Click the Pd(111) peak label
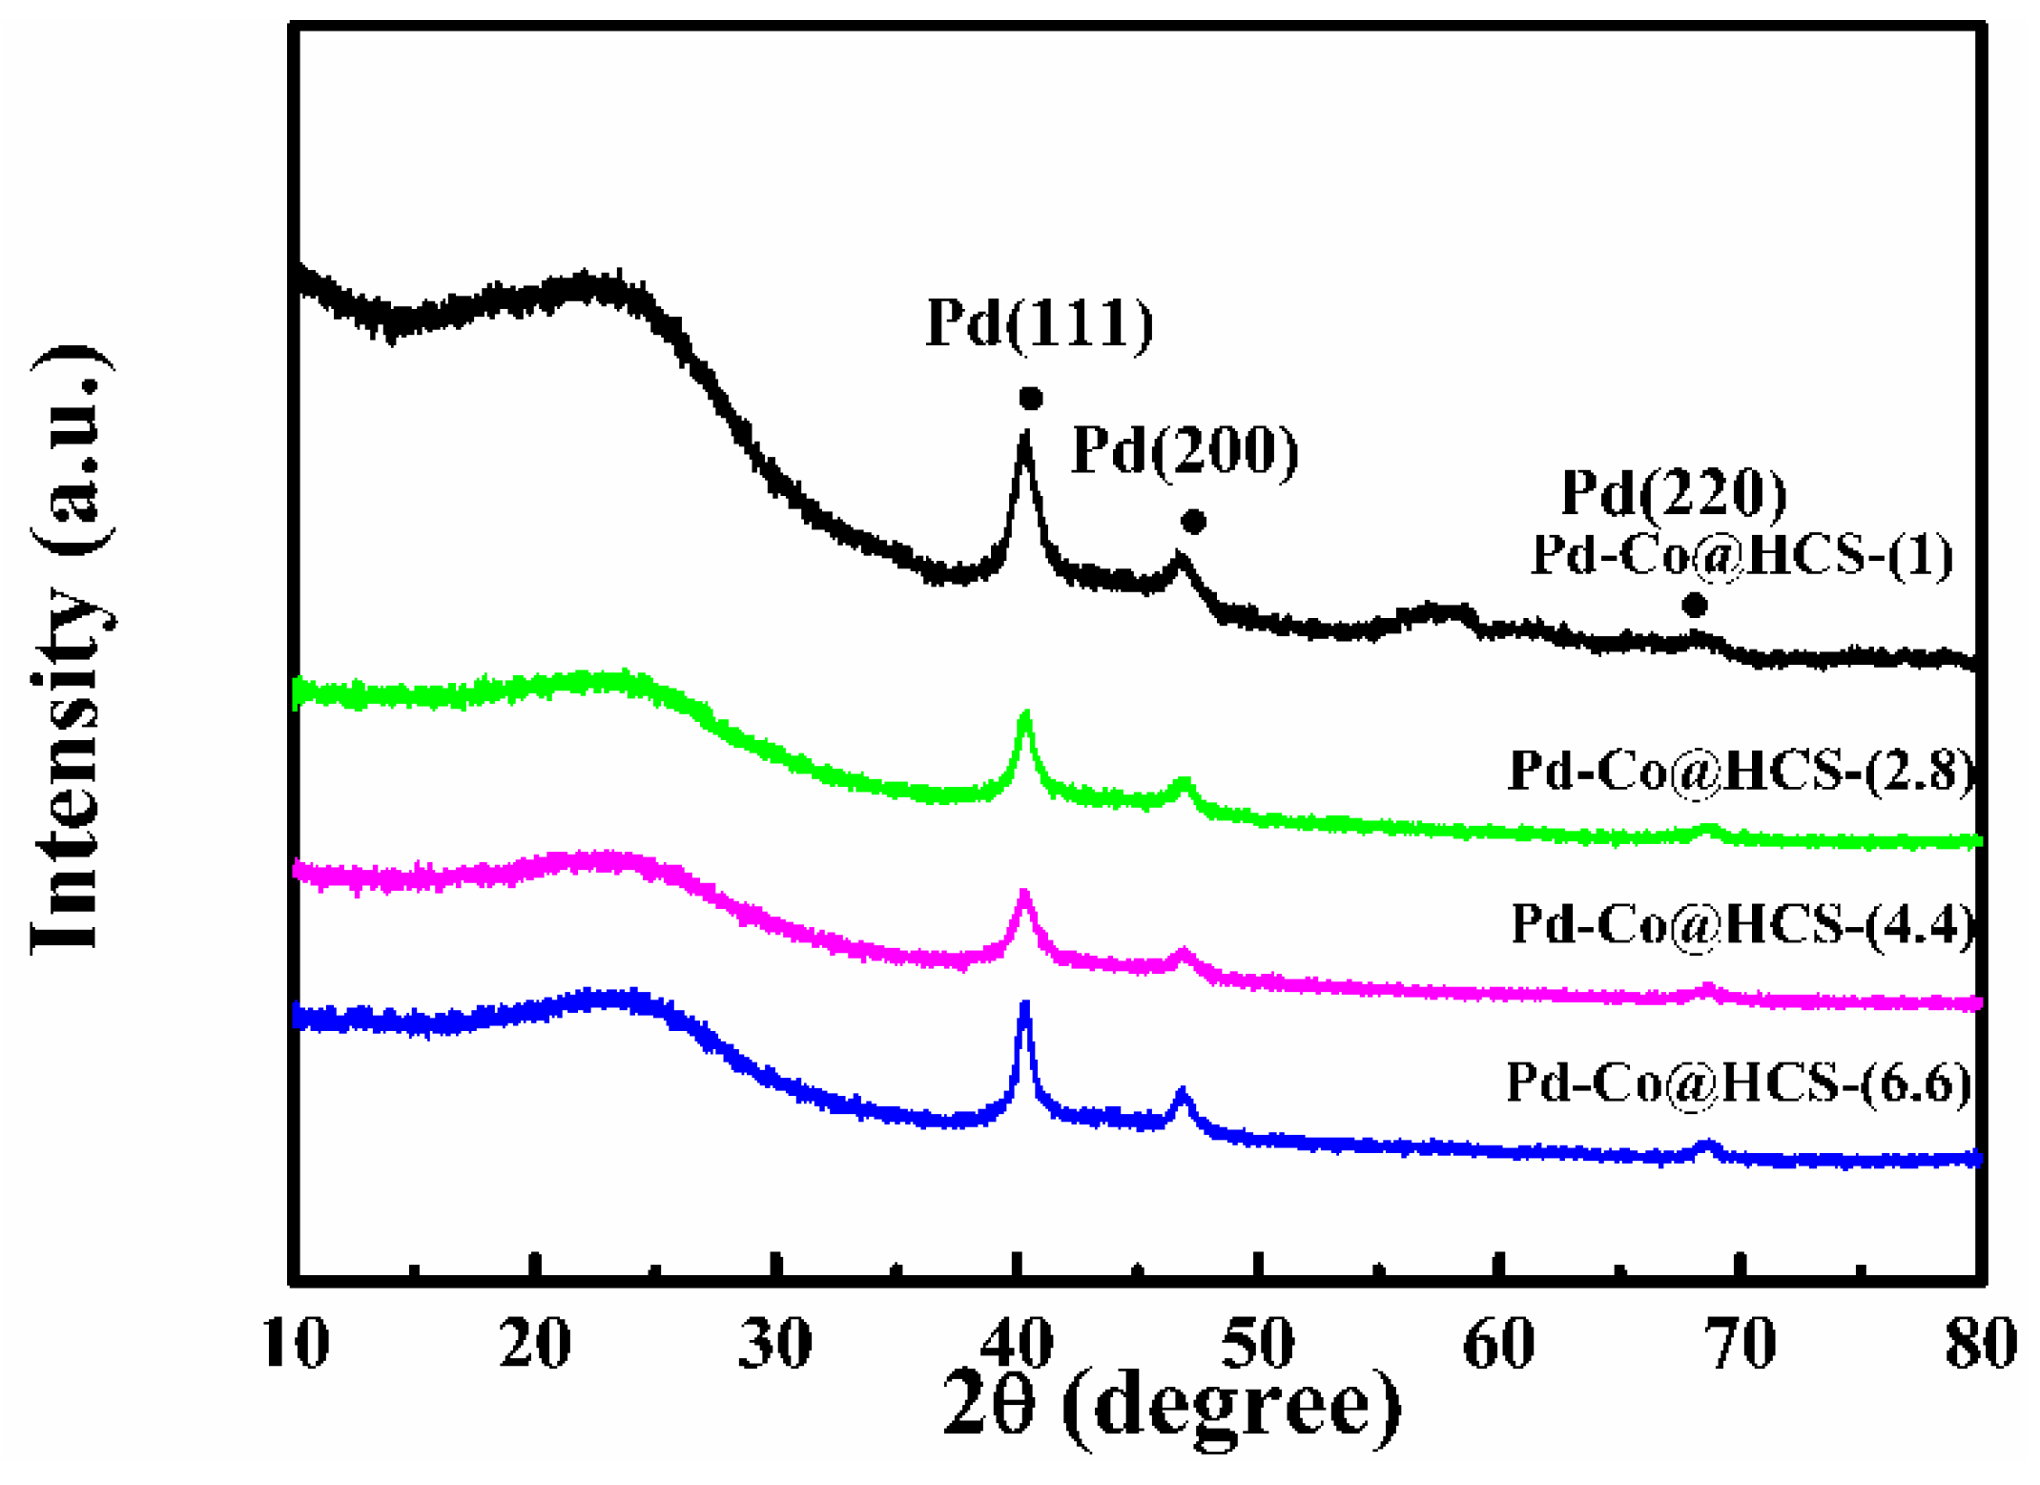pyautogui.click(x=1040, y=323)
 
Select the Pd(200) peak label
pyautogui.click(x=1185, y=450)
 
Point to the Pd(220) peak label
pyautogui.click(x=1674, y=493)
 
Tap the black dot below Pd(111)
pyautogui.click(x=1030, y=399)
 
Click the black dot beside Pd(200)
pyautogui.click(x=1193, y=522)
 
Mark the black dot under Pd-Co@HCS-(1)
pyautogui.click(x=1694, y=605)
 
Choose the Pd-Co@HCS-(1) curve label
pyautogui.click(x=1742, y=556)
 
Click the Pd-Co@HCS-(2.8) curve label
pyautogui.click(x=1741, y=771)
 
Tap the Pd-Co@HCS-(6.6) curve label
pyautogui.click(x=1739, y=1083)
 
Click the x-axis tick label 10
pyautogui.click(x=297, y=1344)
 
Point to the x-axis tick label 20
pyautogui.click(x=535, y=1344)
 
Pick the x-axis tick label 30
pyautogui.click(x=775, y=1344)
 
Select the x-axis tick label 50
pyautogui.click(x=1259, y=1344)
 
